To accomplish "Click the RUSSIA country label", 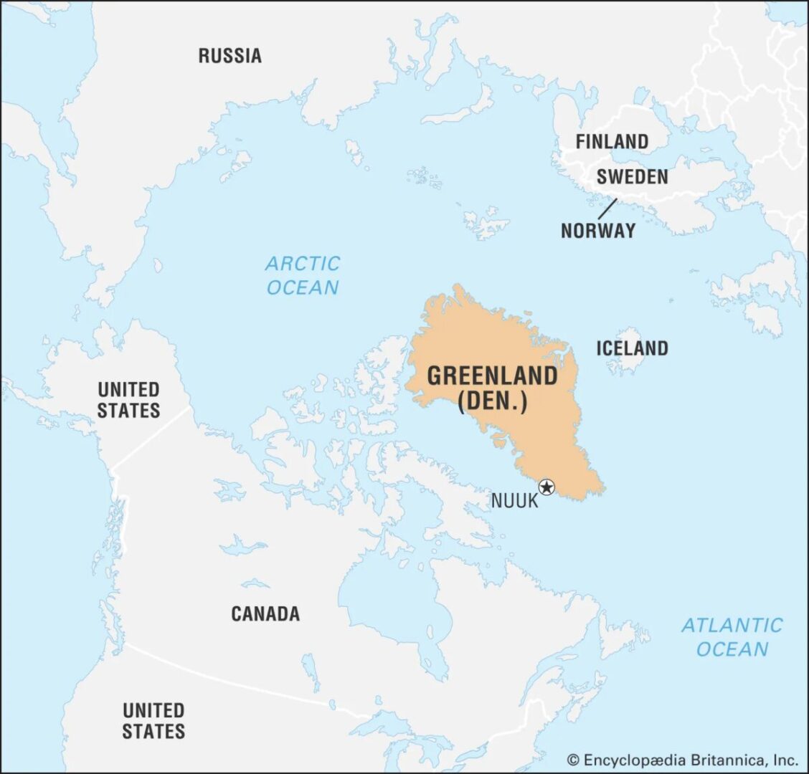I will [230, 55].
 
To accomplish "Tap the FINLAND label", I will [612, 141].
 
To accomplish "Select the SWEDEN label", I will [632, 176].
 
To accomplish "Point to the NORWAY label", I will [597, 230].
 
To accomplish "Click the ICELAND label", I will [632, 348].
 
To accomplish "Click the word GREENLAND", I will [492, 376].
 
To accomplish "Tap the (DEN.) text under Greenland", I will [492, 401].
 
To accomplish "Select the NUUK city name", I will [514, 500].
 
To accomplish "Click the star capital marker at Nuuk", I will [547, 487].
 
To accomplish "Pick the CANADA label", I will [265, 613].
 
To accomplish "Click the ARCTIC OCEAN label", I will [303, 276].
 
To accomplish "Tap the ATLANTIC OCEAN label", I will [732, 637].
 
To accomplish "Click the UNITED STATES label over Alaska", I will [128, 400].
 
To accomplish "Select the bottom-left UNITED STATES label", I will [153, 720].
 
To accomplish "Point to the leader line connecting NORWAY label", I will [607, 209].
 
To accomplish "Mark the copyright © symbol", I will [573, 760].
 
